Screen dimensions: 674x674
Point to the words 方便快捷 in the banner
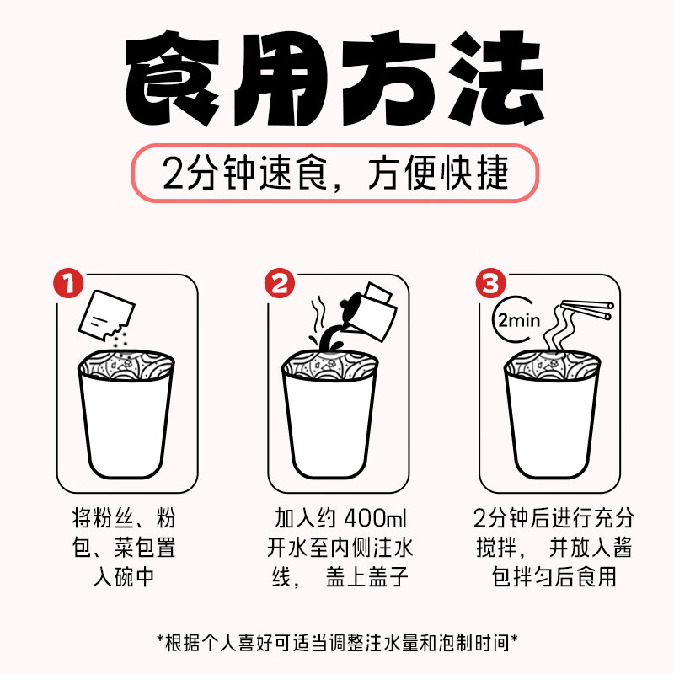click(x=438, y=174)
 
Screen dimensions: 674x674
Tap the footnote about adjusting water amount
click(x=337, y=642)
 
